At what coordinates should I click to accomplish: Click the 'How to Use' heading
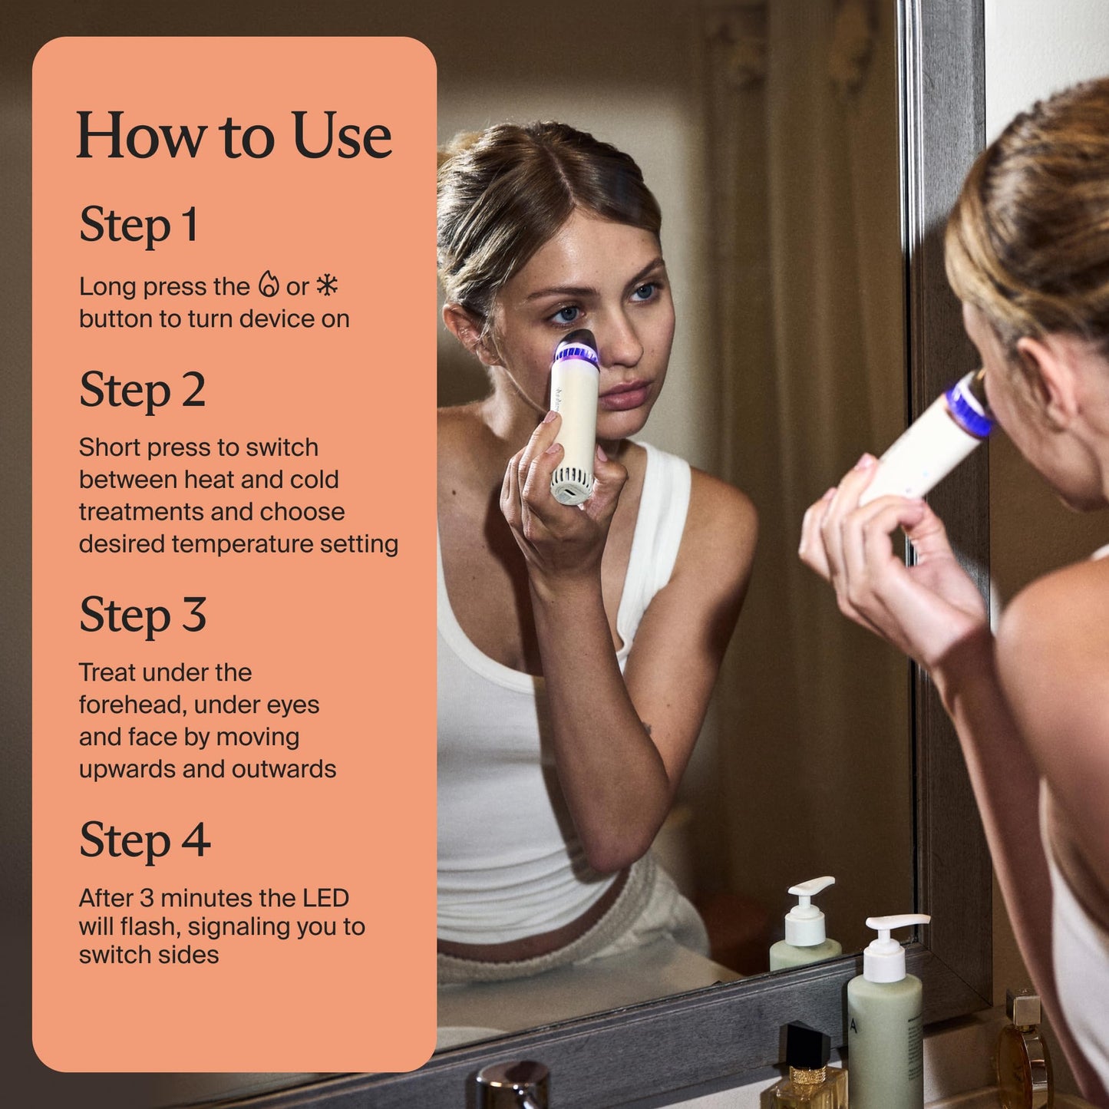(233, 136)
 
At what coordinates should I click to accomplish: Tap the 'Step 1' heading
(139, 225)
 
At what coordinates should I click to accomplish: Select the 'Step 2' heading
(142, 390)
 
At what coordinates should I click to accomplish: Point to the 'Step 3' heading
(143, 615)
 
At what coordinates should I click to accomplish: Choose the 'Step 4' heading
(144, 840)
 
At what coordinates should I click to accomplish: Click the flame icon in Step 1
(268, 285)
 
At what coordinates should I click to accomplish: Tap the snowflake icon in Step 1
(328, 285)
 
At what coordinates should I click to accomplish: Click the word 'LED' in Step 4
(325, 898)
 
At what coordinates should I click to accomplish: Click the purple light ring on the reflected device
(576, 354)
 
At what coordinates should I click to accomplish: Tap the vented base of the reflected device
(572, 486)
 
